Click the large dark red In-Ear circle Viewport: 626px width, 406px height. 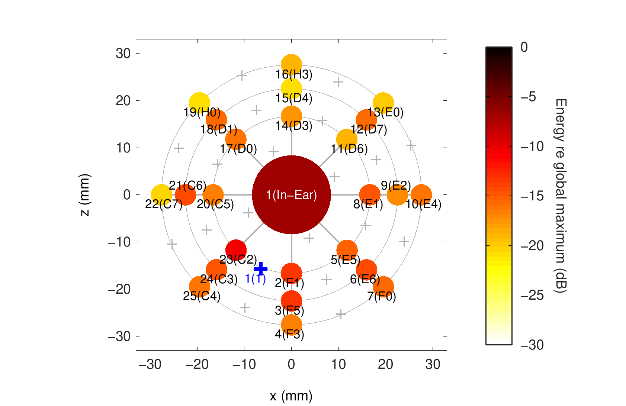291,194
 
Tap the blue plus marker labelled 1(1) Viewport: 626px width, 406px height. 261,268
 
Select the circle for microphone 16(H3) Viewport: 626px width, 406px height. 291,64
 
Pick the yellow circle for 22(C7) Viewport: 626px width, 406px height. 161,194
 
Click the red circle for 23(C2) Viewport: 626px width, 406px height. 236,250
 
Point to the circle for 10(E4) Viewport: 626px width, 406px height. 421,194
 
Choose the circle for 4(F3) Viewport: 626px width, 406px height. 291,325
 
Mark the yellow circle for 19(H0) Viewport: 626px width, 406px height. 199,103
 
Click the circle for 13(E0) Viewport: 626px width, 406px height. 383,103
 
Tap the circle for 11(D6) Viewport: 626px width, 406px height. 347,139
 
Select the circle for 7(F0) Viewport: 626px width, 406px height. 383,286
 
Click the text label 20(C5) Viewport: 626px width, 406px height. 215,204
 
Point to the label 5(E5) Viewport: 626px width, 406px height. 345,260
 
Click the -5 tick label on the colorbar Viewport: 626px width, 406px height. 528,97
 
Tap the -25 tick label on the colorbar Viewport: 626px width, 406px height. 532,295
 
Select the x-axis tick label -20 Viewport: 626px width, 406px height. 197,364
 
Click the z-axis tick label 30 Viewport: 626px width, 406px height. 123,54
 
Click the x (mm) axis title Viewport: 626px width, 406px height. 291,396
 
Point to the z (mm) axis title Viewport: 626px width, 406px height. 85,194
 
